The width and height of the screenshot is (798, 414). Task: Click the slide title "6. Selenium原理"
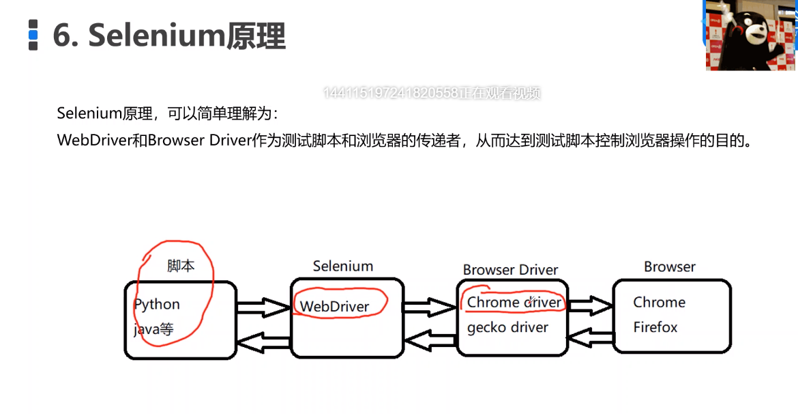pyautogui.click(x=168, y=36)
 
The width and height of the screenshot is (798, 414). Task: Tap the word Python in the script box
pyautogui.click(x=157, y=305)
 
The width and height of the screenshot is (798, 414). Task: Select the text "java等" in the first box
pyautogui.click(x=153, y=330)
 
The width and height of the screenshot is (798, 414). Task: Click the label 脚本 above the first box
pyautogui.click(x=181, y=266)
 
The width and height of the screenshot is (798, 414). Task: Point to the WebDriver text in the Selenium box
pyautogui.click(x=334, y=307)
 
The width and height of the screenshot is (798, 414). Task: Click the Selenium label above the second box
pyautogui.click(x=343, y=266)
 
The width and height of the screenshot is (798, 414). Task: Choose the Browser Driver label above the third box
pyautogui.click(x=510, y=270)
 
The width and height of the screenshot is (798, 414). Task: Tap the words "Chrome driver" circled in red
pyautogui.click(x=514, y=302)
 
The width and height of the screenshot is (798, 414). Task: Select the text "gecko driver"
pyautogui.click(x=507, y=328)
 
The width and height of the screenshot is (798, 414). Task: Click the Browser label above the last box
pyautogui.click(x=670, y=266)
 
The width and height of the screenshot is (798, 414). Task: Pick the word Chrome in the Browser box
pyautogui.click(x=659, y=302)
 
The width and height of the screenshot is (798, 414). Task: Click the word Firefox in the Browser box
pyautogui.click(x=655, y=327)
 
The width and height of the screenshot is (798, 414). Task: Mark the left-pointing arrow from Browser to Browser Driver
pyautogui.click(x=590, y=335)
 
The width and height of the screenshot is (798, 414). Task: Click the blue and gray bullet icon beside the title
pyautogui.click(x=33, y=36)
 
